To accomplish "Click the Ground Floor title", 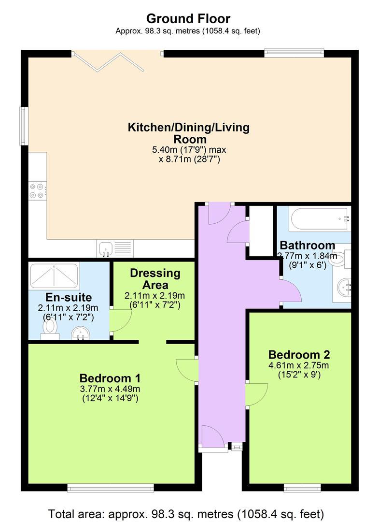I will click(x=188, y=19).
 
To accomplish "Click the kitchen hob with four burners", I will click(x=37, y=189).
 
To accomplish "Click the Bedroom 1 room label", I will click(x=110, y=377).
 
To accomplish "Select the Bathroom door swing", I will click(x=291, y=292).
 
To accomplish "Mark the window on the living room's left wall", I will click(x=23, y=126).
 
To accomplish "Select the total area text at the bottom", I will click(x=186, y=513).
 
